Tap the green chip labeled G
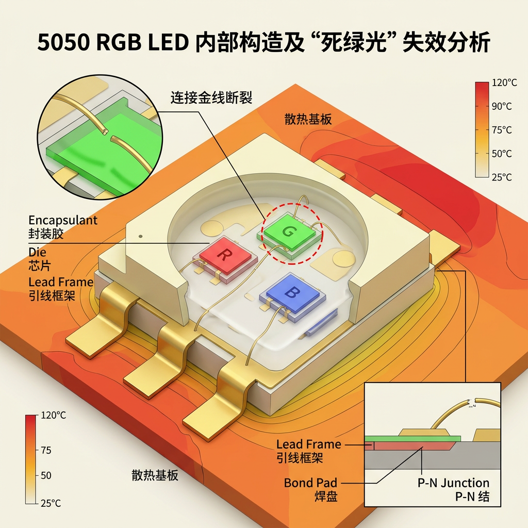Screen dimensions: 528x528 (288, 233)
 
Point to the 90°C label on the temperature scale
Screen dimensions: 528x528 (502, 106)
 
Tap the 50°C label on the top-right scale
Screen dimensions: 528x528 (502, 154)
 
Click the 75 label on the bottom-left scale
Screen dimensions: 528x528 (46, 450)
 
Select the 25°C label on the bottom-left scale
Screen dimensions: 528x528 (50, 503)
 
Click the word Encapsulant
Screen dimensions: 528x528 (63, 220)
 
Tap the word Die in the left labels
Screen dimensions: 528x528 (37, 252)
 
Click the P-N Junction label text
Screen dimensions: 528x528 (453, 483)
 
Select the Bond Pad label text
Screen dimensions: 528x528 (310, 483)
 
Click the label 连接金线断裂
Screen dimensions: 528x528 (211, 97)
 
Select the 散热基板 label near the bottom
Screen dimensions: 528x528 (155, 475)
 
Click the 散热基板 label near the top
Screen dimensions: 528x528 (308, 119)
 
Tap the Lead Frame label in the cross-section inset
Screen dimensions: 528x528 (309, 444)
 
